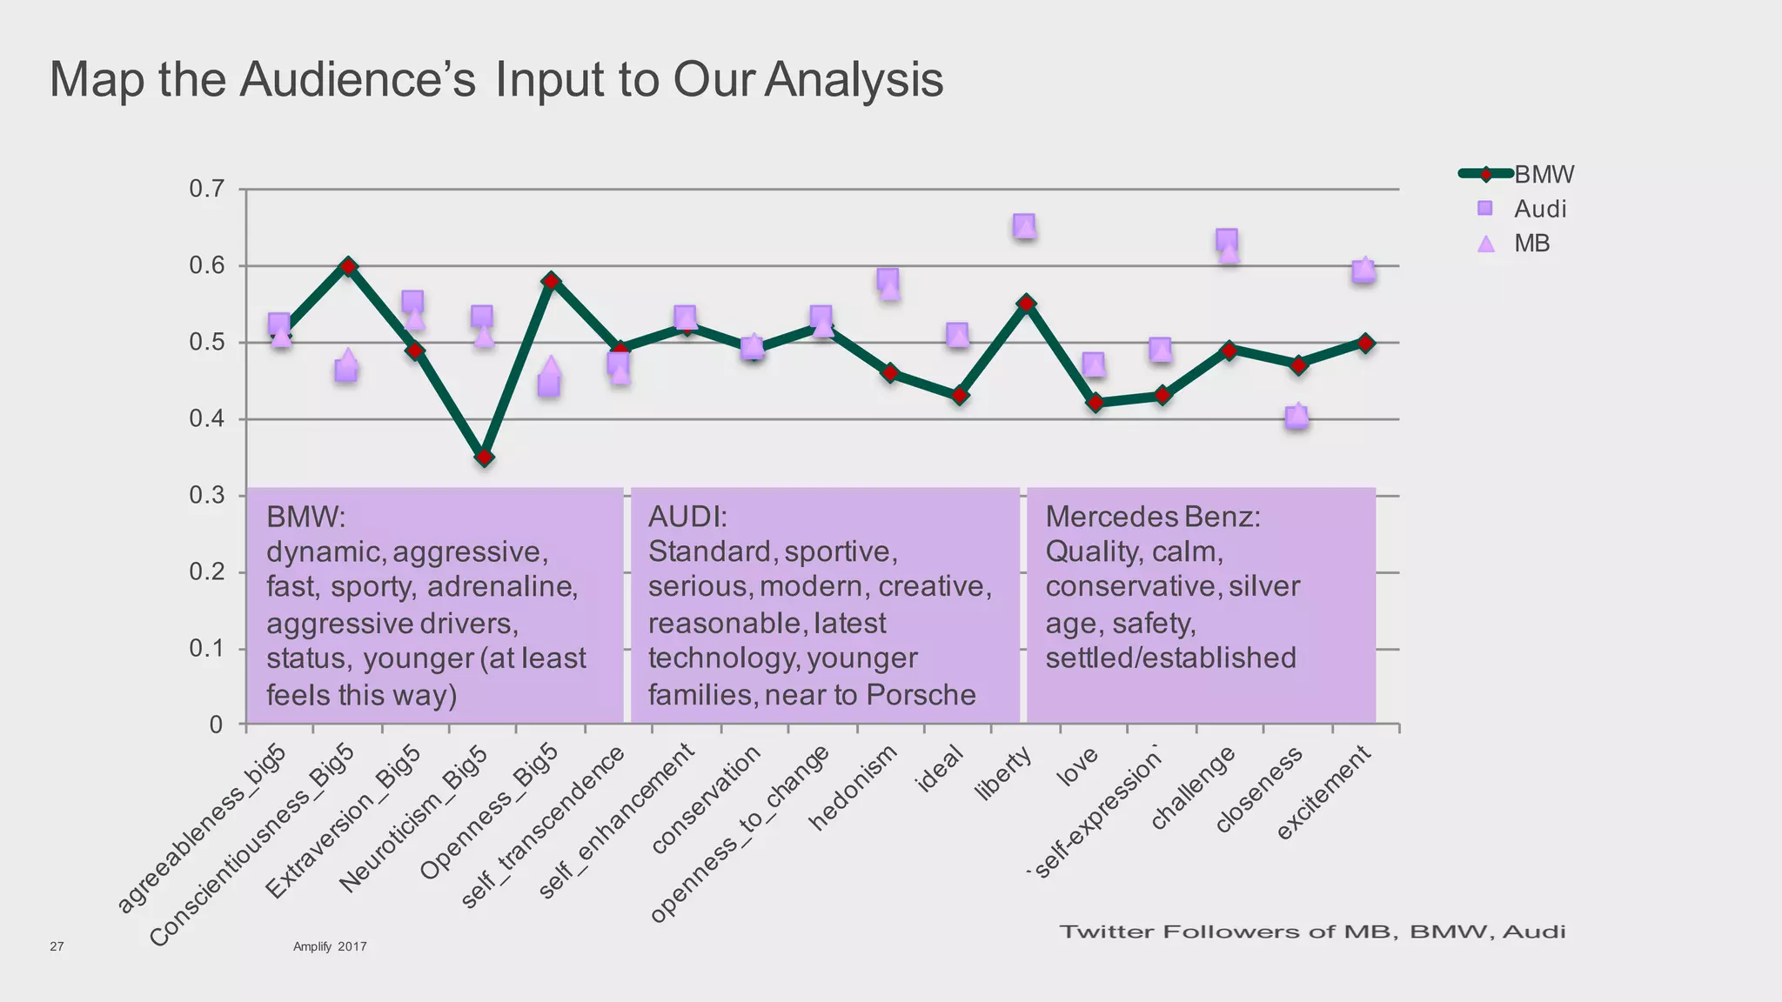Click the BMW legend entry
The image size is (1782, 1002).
pos(1543,174)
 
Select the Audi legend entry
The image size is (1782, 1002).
pos(1539,209)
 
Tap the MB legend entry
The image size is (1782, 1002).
pos(1531,244)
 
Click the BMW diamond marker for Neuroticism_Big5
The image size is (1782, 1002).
pos(485,457)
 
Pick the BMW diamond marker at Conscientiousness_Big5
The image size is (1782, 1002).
pos(348,266)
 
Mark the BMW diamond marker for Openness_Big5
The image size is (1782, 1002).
pos(552,281)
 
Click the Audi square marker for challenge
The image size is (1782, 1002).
pos(1227,239)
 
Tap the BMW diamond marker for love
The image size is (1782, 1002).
pos(1095,403)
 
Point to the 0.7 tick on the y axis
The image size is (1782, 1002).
pos(207,189)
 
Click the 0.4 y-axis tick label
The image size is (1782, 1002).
pos(207,419)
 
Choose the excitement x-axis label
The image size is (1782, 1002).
pos(1323,792)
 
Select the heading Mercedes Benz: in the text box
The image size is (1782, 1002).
pos(1153,517)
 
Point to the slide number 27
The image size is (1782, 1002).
pos(57,946)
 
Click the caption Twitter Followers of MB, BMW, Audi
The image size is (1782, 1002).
pos(1312,932)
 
